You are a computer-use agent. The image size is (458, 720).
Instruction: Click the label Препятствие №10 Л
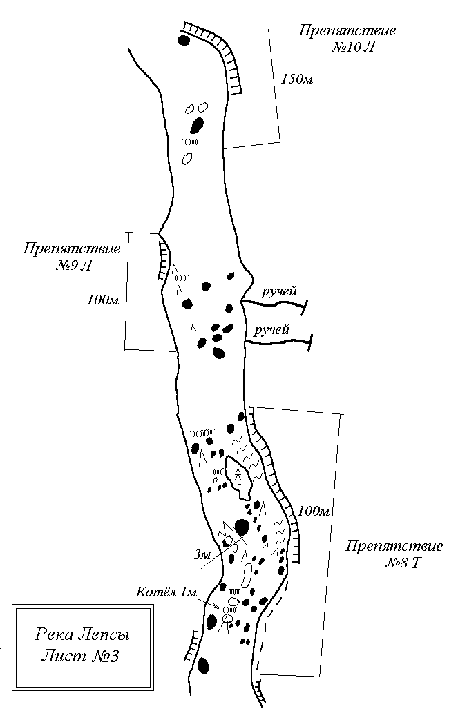click(347, 39)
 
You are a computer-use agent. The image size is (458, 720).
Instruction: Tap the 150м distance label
click(297, 79)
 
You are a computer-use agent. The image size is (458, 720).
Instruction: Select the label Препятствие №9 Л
click(71, 257)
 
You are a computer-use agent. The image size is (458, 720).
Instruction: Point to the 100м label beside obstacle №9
click(103, 300)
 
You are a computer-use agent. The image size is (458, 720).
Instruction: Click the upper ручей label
click(279, 291)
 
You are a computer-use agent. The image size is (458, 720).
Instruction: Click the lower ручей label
click(272, 331)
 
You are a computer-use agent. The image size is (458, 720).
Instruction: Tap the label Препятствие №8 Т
click(394, 554)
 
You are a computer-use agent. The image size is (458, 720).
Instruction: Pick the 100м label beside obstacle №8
click(314, 511)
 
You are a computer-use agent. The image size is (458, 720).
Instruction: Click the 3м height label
click(202, 555)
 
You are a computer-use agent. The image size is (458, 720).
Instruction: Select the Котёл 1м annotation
click(166, 592)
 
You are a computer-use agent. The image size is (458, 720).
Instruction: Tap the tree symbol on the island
click(238, 476)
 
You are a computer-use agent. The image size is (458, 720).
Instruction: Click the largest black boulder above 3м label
click(242, 527)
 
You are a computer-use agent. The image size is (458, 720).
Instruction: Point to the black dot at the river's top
click(184, 41)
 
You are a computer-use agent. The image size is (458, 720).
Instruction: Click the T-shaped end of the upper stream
click(304, 307)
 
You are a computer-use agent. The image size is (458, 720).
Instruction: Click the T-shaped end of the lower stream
click(311, 342)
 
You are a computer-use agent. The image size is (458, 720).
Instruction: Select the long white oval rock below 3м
click(247, 574)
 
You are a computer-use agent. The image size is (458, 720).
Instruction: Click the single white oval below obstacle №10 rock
click(187, 159)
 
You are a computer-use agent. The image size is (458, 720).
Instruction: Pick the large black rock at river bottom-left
click(203, 665)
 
